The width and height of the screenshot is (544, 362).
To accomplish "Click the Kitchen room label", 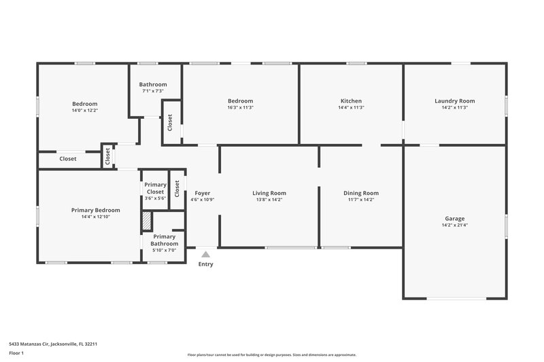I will (351, 101).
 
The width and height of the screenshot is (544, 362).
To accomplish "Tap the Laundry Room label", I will (454, 101).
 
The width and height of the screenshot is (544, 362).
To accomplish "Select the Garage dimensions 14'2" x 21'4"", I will (454, 225).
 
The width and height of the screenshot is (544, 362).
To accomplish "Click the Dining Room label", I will (360, 193).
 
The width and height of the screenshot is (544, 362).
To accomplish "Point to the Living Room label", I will (269, 193).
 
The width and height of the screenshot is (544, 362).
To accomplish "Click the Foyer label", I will (202, 193).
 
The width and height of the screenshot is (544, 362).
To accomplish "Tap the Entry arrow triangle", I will (205, 254).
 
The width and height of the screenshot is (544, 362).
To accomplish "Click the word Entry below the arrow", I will (205, 264).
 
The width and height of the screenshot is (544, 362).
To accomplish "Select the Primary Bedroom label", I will (95, 210).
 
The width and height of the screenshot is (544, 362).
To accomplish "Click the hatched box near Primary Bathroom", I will (146, 221).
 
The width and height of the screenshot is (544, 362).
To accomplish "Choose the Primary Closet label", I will (155, 188).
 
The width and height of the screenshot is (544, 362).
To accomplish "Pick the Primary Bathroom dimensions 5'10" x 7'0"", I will (164, 251).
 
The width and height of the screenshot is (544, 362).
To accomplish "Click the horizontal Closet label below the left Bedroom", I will (68, 159).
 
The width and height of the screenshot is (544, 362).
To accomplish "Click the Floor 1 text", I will (18, 354).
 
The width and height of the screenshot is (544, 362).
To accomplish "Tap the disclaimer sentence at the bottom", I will (272, 355).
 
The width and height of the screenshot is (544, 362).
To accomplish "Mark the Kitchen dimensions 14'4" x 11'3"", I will (351, 107).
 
